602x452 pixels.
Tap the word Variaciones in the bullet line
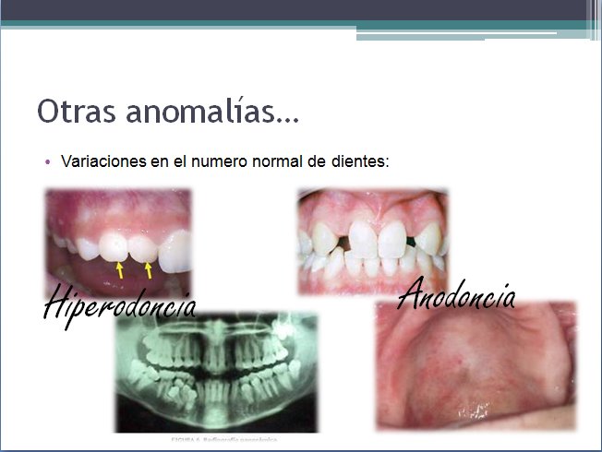point(101,161)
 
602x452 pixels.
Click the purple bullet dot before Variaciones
point(50,161)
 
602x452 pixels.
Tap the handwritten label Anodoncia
point(456,295)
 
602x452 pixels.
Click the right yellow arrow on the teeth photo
point(149,270)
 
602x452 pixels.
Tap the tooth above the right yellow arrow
point(143,248)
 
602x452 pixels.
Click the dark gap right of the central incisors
point(410,243)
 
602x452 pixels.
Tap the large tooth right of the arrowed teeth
point(175,249)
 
